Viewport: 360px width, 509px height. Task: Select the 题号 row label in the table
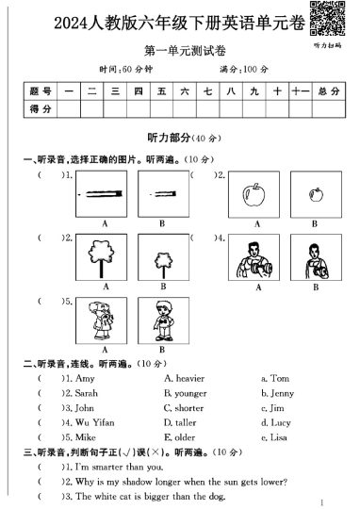coord(40,90)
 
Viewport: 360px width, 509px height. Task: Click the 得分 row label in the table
coord(40,109)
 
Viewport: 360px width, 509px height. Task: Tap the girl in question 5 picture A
coord(99,320)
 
